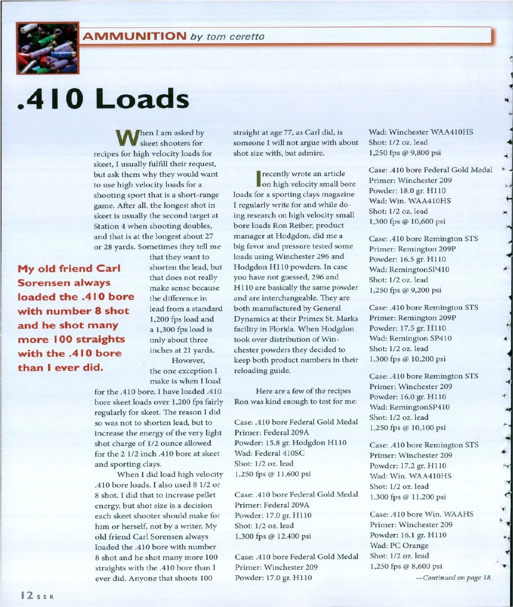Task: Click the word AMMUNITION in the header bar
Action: (x=134, y=36)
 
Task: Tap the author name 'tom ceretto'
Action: (x=235, y=37)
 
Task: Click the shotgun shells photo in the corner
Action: (x=47, y=48)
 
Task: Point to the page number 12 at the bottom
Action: (x=27, y=595)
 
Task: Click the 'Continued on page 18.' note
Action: (x=454, y=578)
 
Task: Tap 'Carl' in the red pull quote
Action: (x=108, y=269)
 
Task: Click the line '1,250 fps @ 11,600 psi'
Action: (x=273, y=474)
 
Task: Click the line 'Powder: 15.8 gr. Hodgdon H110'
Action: (x=290, y=443)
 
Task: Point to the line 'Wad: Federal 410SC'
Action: (x=269, y=453)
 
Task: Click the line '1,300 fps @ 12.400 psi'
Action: (x=273, y=536)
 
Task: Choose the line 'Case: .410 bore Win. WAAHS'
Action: (x=422, y=514)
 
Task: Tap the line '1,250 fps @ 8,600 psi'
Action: (x=406, y=566)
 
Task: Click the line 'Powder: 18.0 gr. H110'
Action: (x=407, y=191)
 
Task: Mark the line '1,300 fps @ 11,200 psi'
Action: (x=407, y=497)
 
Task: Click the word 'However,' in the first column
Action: (x=188, y=361)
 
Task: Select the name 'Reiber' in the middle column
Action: (x=298, y=226)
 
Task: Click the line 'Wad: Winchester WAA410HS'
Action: (x=421, y=132)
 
